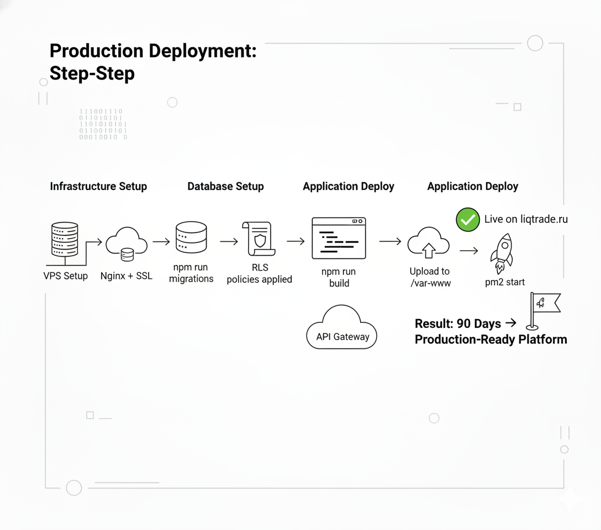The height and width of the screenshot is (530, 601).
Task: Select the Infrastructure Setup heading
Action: click(x=98, y=187)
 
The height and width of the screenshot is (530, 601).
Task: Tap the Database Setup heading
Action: click(x=225, y=187)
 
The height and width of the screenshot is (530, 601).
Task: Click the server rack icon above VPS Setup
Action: click(x=65, y=239)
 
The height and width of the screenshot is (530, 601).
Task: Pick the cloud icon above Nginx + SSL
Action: click(x=126, y=243)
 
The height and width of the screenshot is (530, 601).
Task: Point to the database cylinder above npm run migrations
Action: click(x=191, y=237)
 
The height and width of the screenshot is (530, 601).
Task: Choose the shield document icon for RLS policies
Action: click(x=259, y=239)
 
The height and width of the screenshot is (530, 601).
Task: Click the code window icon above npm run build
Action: click(x=339, y=238)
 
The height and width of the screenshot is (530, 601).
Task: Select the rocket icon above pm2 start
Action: click(x=502, y=253)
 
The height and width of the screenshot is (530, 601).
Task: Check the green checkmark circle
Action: click(x=467, y=219)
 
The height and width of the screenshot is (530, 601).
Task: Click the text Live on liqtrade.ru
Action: click(x=526, y=219)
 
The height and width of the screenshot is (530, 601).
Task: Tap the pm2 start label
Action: click(x=505, y=282)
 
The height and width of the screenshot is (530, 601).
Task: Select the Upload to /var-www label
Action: click(x=430, y=277)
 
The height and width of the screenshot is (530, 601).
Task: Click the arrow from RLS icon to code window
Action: click(x=296, y=241)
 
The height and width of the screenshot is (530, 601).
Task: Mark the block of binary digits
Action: click(x=103, y=124)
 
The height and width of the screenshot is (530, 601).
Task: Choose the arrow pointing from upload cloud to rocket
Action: click(x=468, y=251)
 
